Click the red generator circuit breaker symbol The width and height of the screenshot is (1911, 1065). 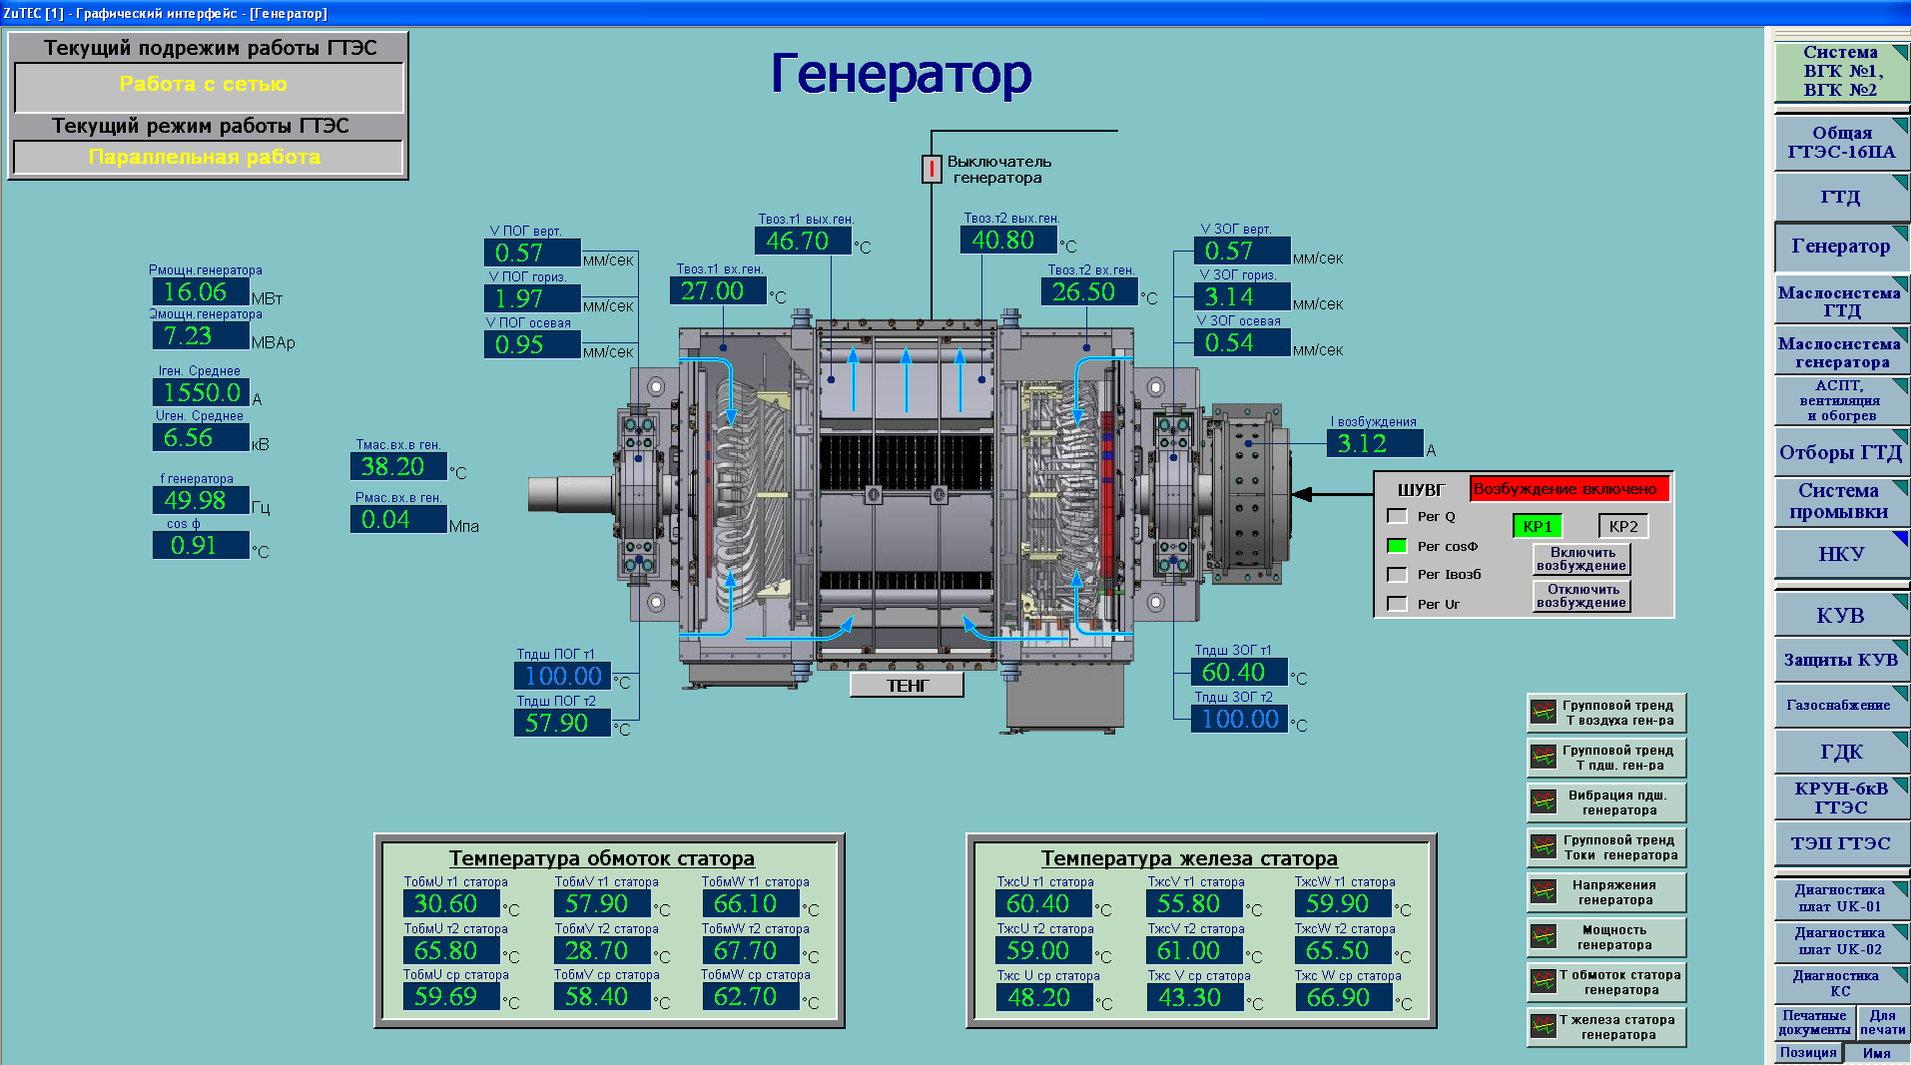click(x=931, y=169)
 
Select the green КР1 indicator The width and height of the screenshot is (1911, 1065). click(x=1538, y=526)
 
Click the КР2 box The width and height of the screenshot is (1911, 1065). click(x=1622, y=526)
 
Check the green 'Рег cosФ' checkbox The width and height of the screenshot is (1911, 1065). click(x=1397, y=546)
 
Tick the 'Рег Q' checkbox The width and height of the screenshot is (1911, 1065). click(x=1397, y=516)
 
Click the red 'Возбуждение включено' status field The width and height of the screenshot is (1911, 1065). click(x=1569, y=489)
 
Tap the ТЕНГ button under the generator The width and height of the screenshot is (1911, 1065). click(x=907, y=686)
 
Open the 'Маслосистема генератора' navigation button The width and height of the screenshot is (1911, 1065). click(x=1840, y=352)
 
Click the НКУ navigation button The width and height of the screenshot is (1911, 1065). click(x=1840, y=554)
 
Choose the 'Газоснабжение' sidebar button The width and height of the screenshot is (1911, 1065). click(x=1840, y=705)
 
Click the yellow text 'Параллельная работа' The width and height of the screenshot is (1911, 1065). click(x=205, y=157)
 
